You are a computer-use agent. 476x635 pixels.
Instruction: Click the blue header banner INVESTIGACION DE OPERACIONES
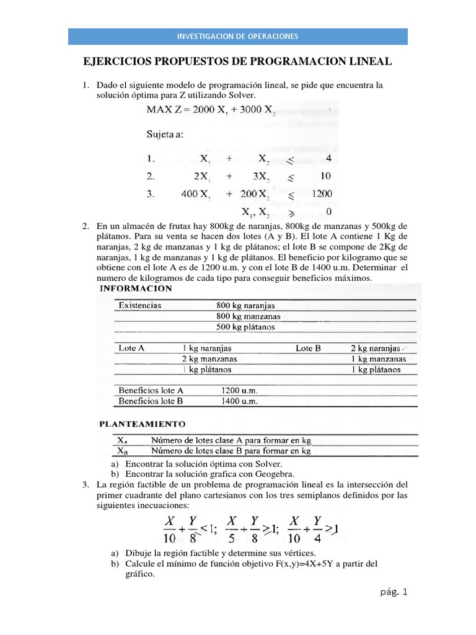(238, 36)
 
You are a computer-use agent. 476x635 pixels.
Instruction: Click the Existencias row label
(140, 306)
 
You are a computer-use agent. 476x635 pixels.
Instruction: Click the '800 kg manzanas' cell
(248, 316)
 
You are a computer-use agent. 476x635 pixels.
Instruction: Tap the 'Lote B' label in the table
(308, 349)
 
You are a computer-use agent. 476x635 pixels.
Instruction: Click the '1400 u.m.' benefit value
(239, 401)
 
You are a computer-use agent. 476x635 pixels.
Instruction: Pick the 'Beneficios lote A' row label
(151, 391)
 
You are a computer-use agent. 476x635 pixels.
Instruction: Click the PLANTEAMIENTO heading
(143, 425)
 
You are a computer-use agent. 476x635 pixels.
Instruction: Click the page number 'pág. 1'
(394, 592)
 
